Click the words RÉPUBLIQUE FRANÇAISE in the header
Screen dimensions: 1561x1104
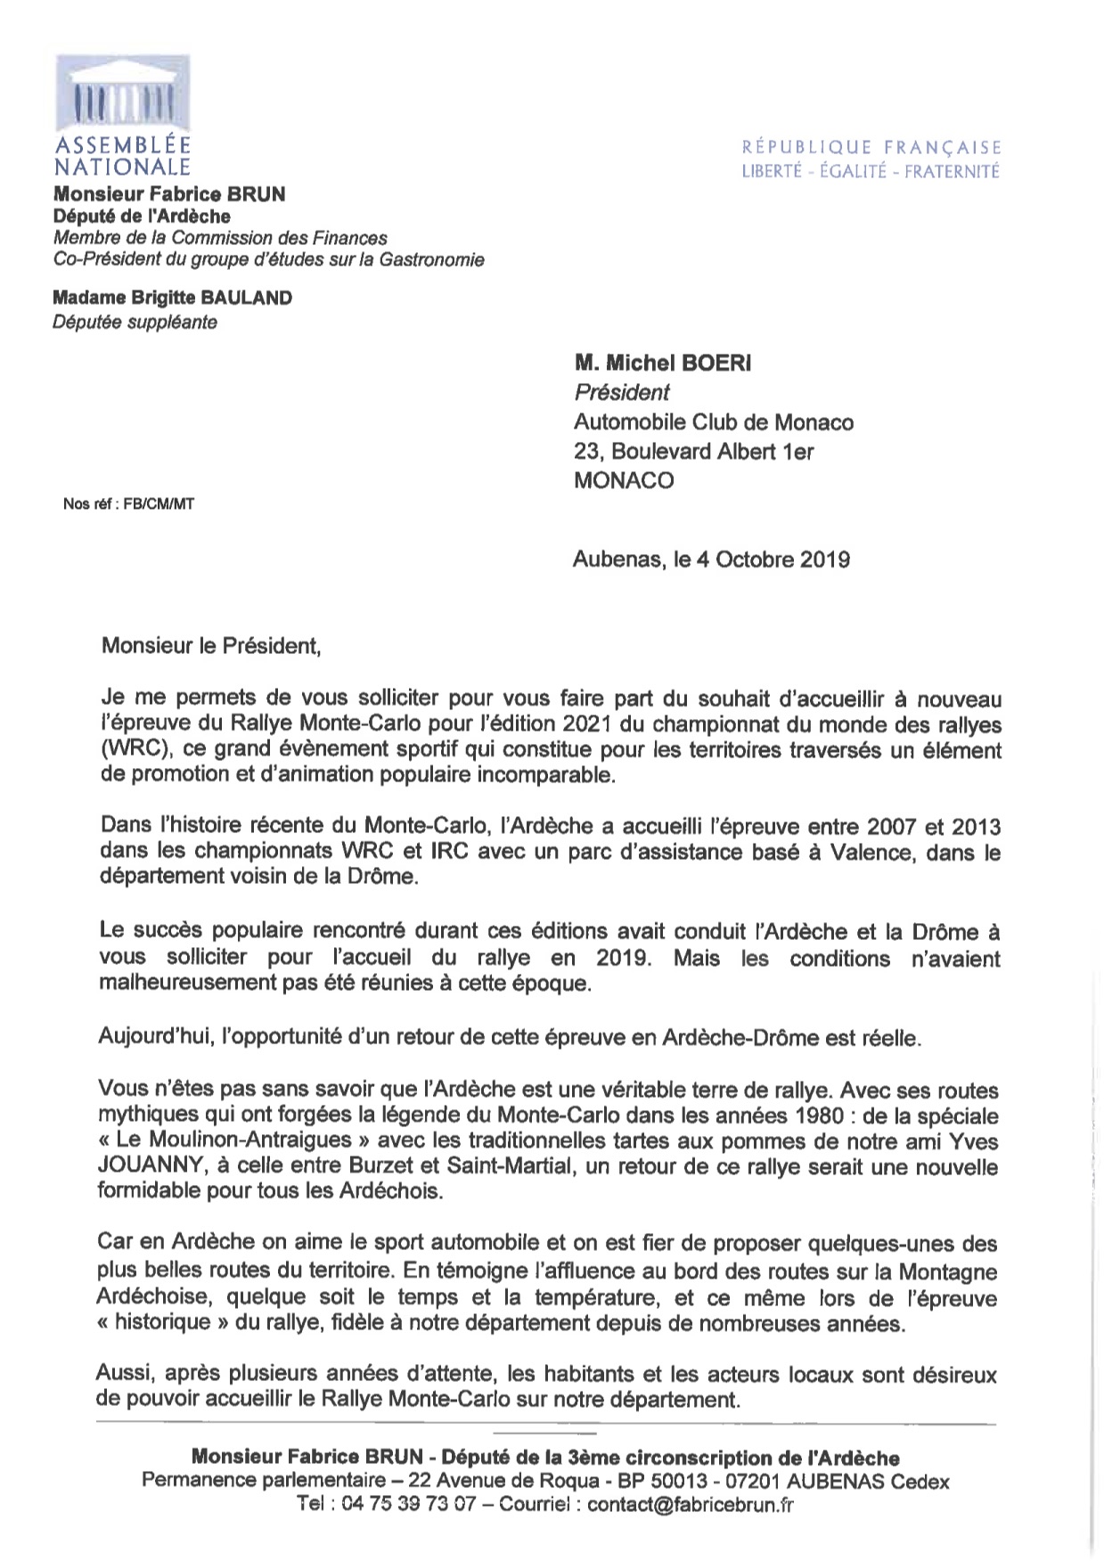(871, 148)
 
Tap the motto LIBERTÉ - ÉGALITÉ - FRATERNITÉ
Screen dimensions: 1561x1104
(871, 172)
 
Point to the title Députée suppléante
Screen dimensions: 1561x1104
(135, 323)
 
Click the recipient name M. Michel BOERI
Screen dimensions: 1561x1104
(662, 363)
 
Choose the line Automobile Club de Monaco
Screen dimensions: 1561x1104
(714, 422)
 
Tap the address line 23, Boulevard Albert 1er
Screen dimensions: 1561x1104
(693, 452)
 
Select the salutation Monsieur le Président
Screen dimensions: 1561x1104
(211, 645)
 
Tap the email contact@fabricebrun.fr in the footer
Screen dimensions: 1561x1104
(691, 1505)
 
